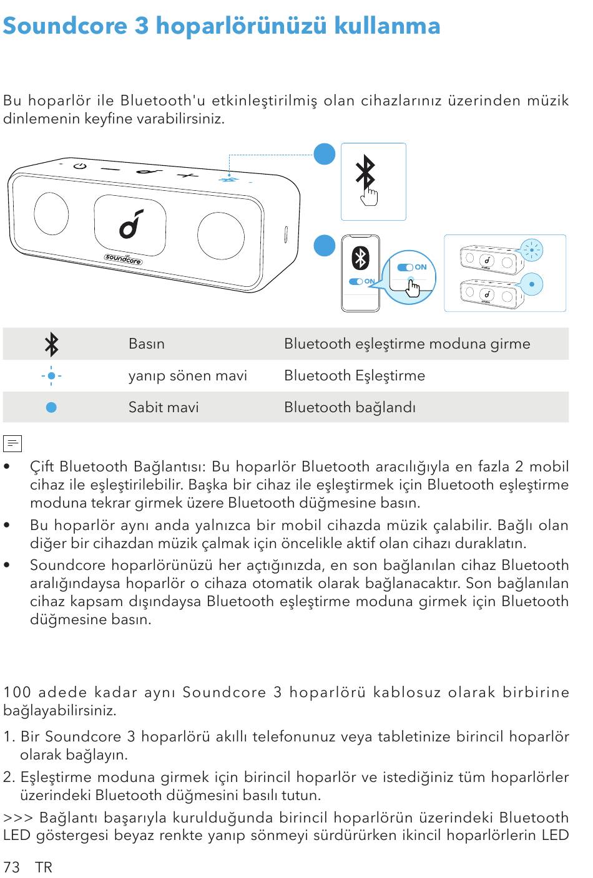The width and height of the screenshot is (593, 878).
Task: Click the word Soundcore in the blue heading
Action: (65, 26)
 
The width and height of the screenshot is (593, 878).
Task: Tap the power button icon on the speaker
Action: (79, 166)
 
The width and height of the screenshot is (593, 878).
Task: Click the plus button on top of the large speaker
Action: (187, 175)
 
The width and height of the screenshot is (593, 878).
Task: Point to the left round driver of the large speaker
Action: (51, 213)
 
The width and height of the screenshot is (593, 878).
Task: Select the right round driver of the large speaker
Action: (220, 235)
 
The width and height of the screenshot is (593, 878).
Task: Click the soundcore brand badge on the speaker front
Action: (123, 258)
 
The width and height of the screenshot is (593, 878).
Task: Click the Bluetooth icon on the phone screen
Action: (360, 258)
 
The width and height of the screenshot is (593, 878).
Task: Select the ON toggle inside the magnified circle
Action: (411, 268)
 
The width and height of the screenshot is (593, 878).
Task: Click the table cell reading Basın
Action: (147, 344)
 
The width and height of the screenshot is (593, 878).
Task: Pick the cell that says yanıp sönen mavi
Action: (187, 376)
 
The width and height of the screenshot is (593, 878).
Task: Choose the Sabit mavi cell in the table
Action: (164, 408)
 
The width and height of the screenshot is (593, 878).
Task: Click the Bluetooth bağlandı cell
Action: (350, 408)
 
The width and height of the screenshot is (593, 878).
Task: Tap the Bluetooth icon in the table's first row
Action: (52, 344)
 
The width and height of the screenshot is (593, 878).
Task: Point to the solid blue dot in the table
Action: (52, 408)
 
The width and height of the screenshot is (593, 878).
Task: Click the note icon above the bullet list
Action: (12, 443)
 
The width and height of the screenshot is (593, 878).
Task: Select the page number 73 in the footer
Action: (11, 867)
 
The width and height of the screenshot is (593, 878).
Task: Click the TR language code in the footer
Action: (44, 867)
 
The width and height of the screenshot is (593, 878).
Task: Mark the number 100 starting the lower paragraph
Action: (16, 693)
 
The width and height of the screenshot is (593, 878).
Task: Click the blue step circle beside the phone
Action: (325, 246)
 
